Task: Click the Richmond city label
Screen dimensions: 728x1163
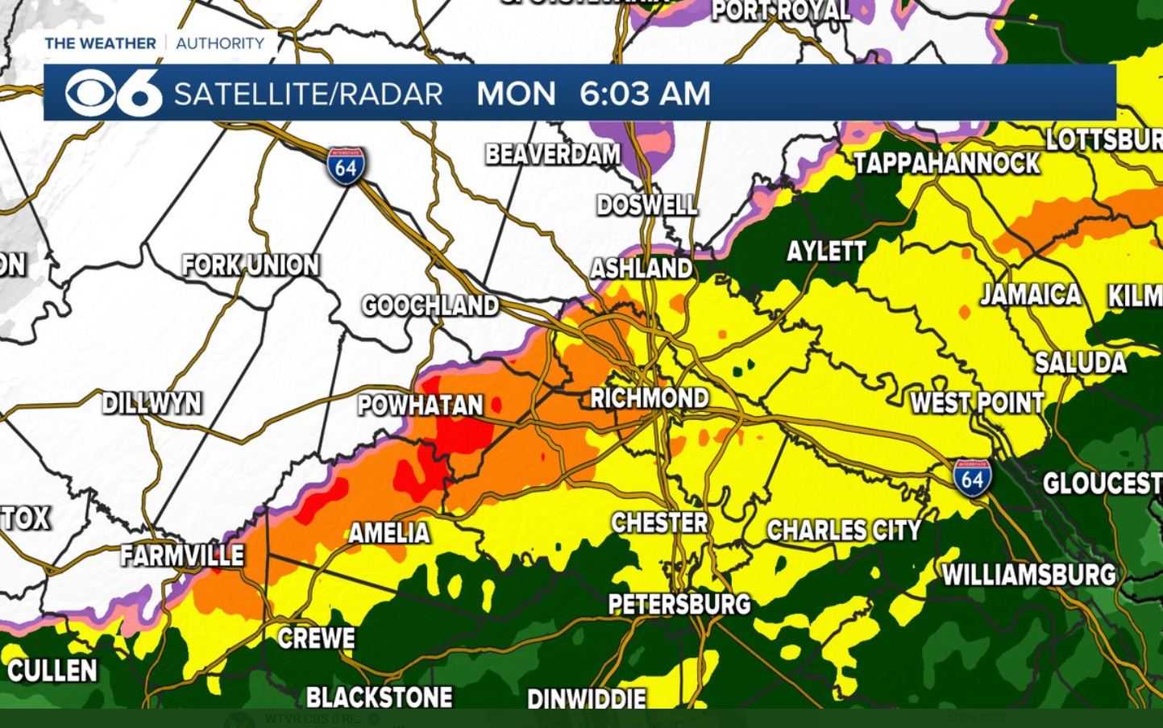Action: [x=650, y=398]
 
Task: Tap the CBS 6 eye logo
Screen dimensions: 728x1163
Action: [x=113, y=94]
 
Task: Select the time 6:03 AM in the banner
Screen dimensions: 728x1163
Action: [x=645, y=94]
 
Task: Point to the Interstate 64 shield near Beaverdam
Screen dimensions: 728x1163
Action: [x=346, y=166]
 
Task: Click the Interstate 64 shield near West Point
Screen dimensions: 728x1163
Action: [x=972, y=478]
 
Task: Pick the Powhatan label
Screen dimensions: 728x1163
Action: [x=420, y=406]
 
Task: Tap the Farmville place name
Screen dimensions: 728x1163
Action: [x=182, y=555]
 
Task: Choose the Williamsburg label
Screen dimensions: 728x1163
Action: [x=1029, y=575]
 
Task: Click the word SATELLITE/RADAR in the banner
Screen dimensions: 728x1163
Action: [x=308, y=94]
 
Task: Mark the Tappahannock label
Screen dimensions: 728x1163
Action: [x=946, y=164]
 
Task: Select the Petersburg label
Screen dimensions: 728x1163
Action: [x=679, y=604]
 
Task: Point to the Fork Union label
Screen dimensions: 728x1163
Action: [x=251, y=265]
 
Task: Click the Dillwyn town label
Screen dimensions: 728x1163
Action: [x=152, y=403]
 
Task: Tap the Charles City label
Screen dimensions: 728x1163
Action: [x=844, y=530]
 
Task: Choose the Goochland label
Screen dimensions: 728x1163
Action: [x=430, y=306]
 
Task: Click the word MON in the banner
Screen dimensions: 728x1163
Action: [x=516, y=94]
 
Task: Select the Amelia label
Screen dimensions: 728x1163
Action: [x=389, y=533]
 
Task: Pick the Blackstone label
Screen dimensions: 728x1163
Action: [x=379, y=697]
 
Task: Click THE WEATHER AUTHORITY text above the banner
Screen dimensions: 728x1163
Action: [x=154, y=44]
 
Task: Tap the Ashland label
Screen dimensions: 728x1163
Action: [x=642, y=268]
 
